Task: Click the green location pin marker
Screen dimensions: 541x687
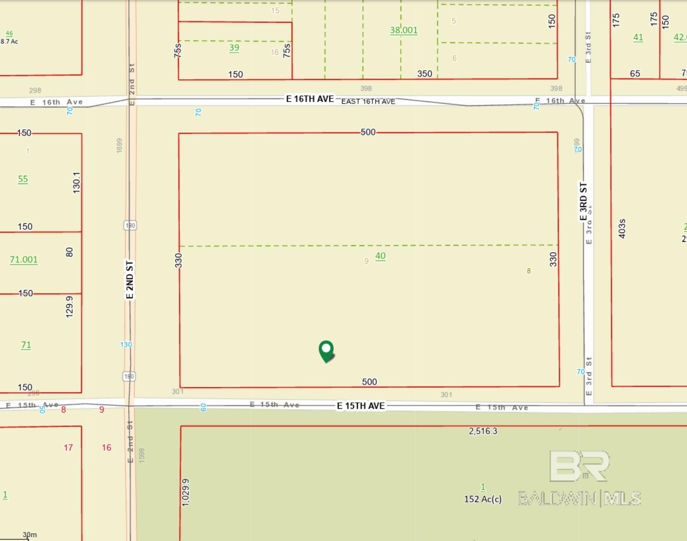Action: [x=326, y=351]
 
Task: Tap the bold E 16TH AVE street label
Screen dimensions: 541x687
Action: [x=310, y=99]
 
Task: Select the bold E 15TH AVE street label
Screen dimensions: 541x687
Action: [x=361, y=406]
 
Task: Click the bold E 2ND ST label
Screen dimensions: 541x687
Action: [x=130, y=280]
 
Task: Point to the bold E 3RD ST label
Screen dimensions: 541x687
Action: [x=583, y=201]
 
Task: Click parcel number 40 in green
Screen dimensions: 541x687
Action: [x=380, y=256]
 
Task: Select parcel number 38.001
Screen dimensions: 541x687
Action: [x=403, y=30]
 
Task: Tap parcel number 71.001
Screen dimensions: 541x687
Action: [x=24, y=260]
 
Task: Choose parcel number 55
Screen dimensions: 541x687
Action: [x=23, y=179]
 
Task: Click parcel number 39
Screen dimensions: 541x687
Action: [x=234, y=48]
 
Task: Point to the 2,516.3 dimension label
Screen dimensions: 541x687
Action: [x=483, y=431]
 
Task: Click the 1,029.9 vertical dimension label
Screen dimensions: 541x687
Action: [x=185, y=493]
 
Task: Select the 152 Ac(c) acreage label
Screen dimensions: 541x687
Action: [x=483, y=499]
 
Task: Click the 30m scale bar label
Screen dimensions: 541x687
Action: [x=30, y=535]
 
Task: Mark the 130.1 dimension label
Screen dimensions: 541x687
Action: [x=76, y=183]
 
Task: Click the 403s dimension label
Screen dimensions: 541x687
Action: [x=622, y=229]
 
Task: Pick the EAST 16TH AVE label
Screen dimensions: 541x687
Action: [x=368, y=101]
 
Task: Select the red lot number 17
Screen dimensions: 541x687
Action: [x=68, y=448]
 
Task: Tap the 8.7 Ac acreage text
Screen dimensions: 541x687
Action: [x=9, y=42]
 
